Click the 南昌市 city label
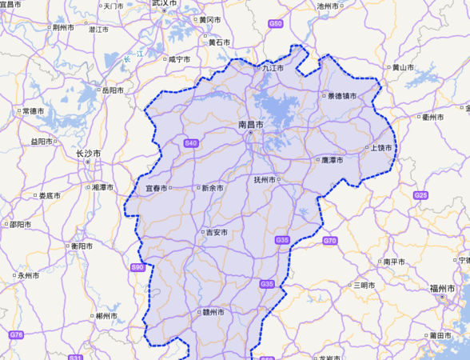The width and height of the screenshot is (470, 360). click(252, 126)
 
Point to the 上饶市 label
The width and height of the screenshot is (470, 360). click(380, 148)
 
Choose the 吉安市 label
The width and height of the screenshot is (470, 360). click(216, 233)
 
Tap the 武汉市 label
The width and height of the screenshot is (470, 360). click(165, 4)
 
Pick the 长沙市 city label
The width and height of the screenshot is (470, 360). click(88, 153)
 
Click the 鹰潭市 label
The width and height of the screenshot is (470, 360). click(328, 161)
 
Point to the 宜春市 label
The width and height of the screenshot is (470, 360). click(157, 188)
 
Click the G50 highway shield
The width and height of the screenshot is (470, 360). click(276, 24)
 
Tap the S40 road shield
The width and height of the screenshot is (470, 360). click(190, 142)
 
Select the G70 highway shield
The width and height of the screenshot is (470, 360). click(330, 240)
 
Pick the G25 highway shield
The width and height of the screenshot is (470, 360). click(420, 195)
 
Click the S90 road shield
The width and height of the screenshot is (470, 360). click(137, 266)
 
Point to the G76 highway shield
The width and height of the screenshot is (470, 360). click(16, 334)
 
